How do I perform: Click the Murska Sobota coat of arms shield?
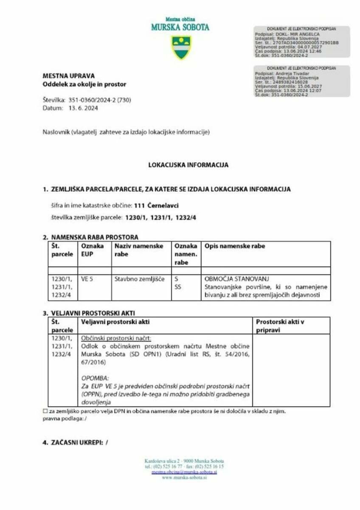[181, 47]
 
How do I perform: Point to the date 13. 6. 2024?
[83, 108]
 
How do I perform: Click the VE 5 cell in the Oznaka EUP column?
[87, 279]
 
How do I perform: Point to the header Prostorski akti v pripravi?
[280, 326]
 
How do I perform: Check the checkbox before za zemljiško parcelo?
[45, 411]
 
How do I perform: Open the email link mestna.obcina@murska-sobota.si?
[184, 472]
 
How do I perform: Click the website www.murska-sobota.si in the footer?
[184, 477]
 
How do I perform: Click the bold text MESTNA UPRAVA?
[68, 76]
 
